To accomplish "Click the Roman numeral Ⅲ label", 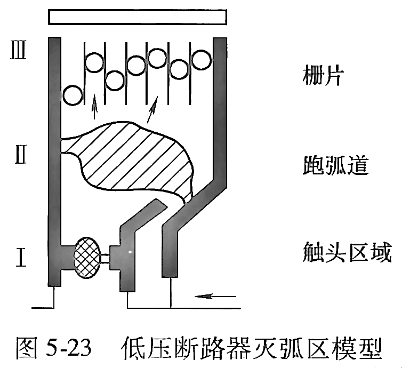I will tap(18, 55).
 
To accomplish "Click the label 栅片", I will tap(318, 77).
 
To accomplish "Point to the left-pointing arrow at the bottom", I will tap(215, 294).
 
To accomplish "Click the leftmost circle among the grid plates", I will tap(73, 96).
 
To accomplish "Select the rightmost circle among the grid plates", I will tap(202, 59).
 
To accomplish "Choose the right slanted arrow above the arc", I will tap(154, 109).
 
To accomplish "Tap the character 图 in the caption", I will tap(29, 348).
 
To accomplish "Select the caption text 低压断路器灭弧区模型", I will tap(252, 348).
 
